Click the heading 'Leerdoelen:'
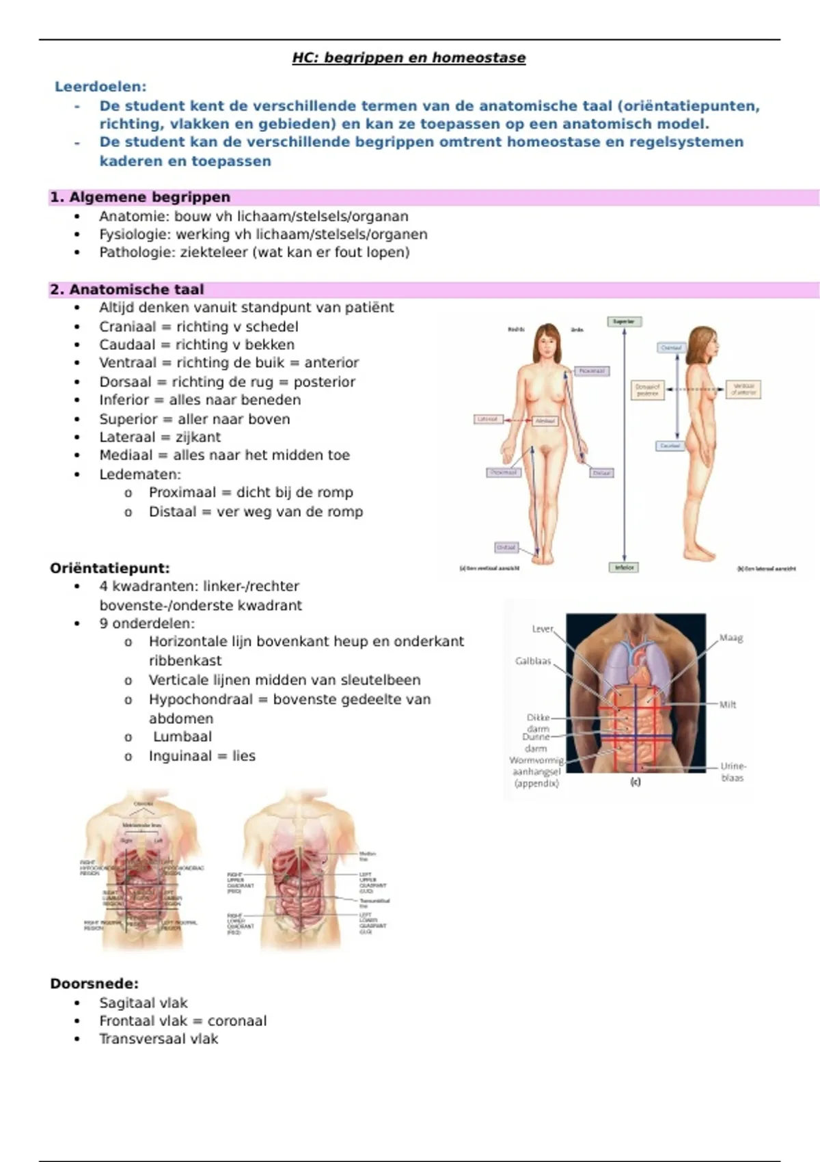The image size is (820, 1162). [100, 87]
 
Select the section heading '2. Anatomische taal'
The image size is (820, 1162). [127, 289]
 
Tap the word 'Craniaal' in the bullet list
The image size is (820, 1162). [127, 327]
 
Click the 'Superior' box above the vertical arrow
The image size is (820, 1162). [624, 321]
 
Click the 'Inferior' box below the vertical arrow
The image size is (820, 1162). [624, 567]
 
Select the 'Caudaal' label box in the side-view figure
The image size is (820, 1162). [670, 446]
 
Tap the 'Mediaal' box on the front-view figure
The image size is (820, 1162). [545, 421]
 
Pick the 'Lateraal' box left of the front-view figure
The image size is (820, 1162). [488, 419]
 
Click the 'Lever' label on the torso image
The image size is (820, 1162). [543, 629]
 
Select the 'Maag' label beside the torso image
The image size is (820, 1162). [730, 638]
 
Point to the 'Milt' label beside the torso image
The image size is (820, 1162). [728, 705]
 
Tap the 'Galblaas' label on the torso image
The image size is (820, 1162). [533, 661]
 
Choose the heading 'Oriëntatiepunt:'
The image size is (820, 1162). [110, 568]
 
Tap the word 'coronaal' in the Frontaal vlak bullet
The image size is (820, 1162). [237, 1021]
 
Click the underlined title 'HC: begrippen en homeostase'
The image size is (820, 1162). [409, 57]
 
